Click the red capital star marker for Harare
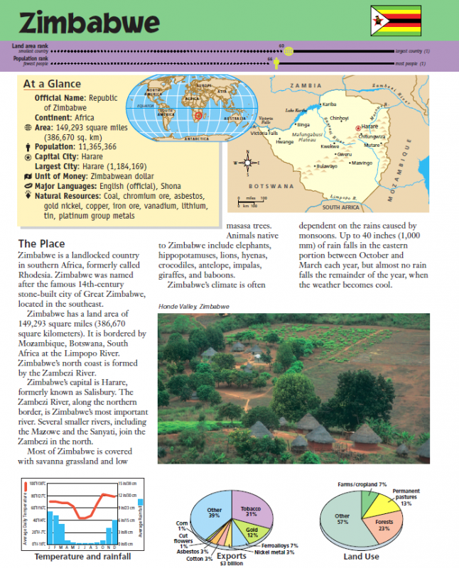pos(357,127)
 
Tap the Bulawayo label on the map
pos(326,166)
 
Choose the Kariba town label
pos(329,104)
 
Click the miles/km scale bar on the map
pos(251,202)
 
